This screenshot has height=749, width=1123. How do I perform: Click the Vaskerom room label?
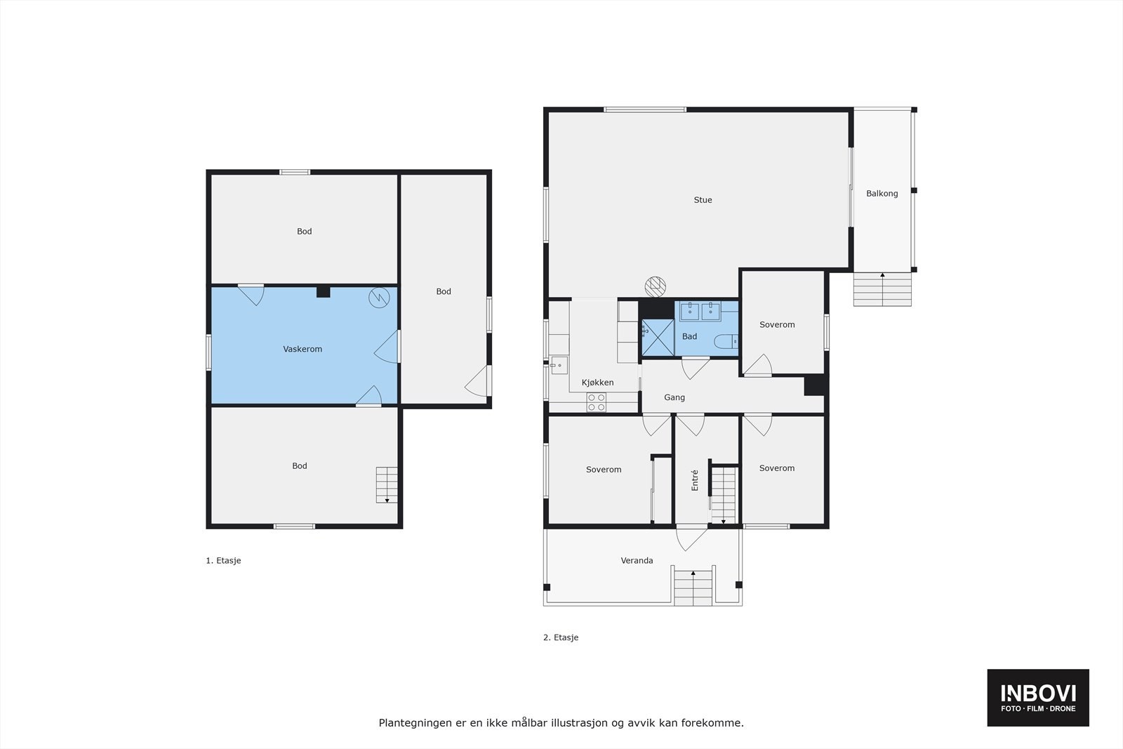coord(303,349)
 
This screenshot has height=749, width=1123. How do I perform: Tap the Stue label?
coord(703,200)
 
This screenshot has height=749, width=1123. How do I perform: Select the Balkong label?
coord(882,194)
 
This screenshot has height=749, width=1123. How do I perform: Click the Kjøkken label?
coord(597,383)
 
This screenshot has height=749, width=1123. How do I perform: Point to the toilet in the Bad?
coord(725,342)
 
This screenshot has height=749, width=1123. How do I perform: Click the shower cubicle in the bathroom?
coord(658,336)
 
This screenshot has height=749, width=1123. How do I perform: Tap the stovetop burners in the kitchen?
coord(597,402)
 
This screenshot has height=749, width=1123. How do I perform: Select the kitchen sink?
coord(559,365)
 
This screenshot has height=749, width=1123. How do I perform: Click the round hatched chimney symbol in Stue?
coord(655,285)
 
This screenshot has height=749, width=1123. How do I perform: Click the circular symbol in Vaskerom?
coord(378,298)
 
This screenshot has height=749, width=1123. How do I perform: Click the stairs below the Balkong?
coord(882,289)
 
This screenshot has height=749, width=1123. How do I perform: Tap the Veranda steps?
coord(693,587)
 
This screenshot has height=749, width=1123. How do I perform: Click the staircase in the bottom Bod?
coord(387,484)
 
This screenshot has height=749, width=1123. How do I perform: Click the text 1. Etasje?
coord(223,561)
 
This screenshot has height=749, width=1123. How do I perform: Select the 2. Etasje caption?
coord(561,638)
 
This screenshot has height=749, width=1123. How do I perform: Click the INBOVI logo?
coord(1038,697)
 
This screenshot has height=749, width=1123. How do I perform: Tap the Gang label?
coord(674,397)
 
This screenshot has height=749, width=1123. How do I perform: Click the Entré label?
coord(695,479)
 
